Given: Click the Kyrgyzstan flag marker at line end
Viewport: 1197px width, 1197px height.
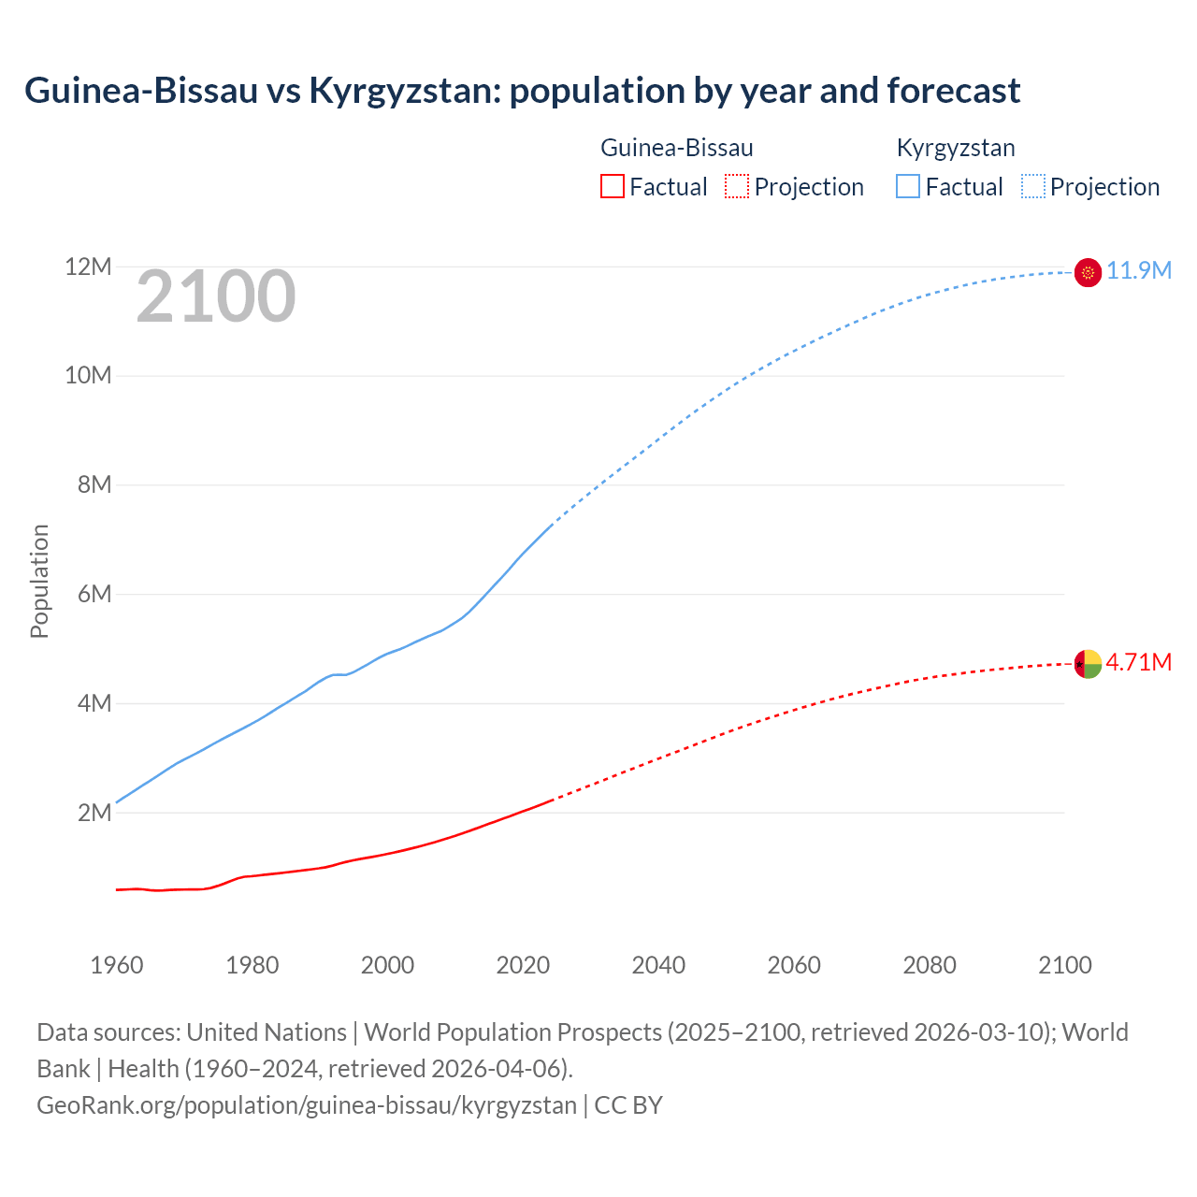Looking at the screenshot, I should [1088, 272].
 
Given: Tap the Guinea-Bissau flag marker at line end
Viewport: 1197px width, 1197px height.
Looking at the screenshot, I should [1088, 663].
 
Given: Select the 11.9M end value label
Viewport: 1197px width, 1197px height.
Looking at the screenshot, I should [1139, 271].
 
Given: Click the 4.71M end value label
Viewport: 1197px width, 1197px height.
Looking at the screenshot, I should [1139, 662].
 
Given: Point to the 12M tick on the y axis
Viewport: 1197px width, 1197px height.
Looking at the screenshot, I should [88, 267].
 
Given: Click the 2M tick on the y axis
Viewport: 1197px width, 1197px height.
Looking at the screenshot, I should [94, 813].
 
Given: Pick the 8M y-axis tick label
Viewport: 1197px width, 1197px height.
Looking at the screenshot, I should [94, 484].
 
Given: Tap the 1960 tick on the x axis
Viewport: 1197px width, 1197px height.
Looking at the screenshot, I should [117, 965].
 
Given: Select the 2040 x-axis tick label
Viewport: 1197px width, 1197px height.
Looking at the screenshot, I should [658, 965].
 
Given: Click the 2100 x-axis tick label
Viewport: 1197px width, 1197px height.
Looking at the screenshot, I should [1064, 965].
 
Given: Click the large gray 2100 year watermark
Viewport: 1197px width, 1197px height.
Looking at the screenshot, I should [216, 297].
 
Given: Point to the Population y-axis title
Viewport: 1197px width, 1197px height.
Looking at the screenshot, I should [39, 581].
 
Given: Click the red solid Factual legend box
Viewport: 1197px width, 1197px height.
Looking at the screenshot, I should [613, 186].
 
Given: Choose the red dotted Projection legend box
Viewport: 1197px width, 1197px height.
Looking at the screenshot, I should [737, 186].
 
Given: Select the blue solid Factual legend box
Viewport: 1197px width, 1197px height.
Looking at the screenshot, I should [908, 186].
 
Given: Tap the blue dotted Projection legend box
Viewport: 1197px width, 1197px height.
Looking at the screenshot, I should [1032, 186].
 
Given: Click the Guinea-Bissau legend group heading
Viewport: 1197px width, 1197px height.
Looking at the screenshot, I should [676, 148].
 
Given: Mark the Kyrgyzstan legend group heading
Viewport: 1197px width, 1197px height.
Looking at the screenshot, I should [956, 148].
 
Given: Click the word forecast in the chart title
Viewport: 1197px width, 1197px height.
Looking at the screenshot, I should [953, 91].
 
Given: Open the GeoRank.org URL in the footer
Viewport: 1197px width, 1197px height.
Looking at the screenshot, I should [307, 1105].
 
